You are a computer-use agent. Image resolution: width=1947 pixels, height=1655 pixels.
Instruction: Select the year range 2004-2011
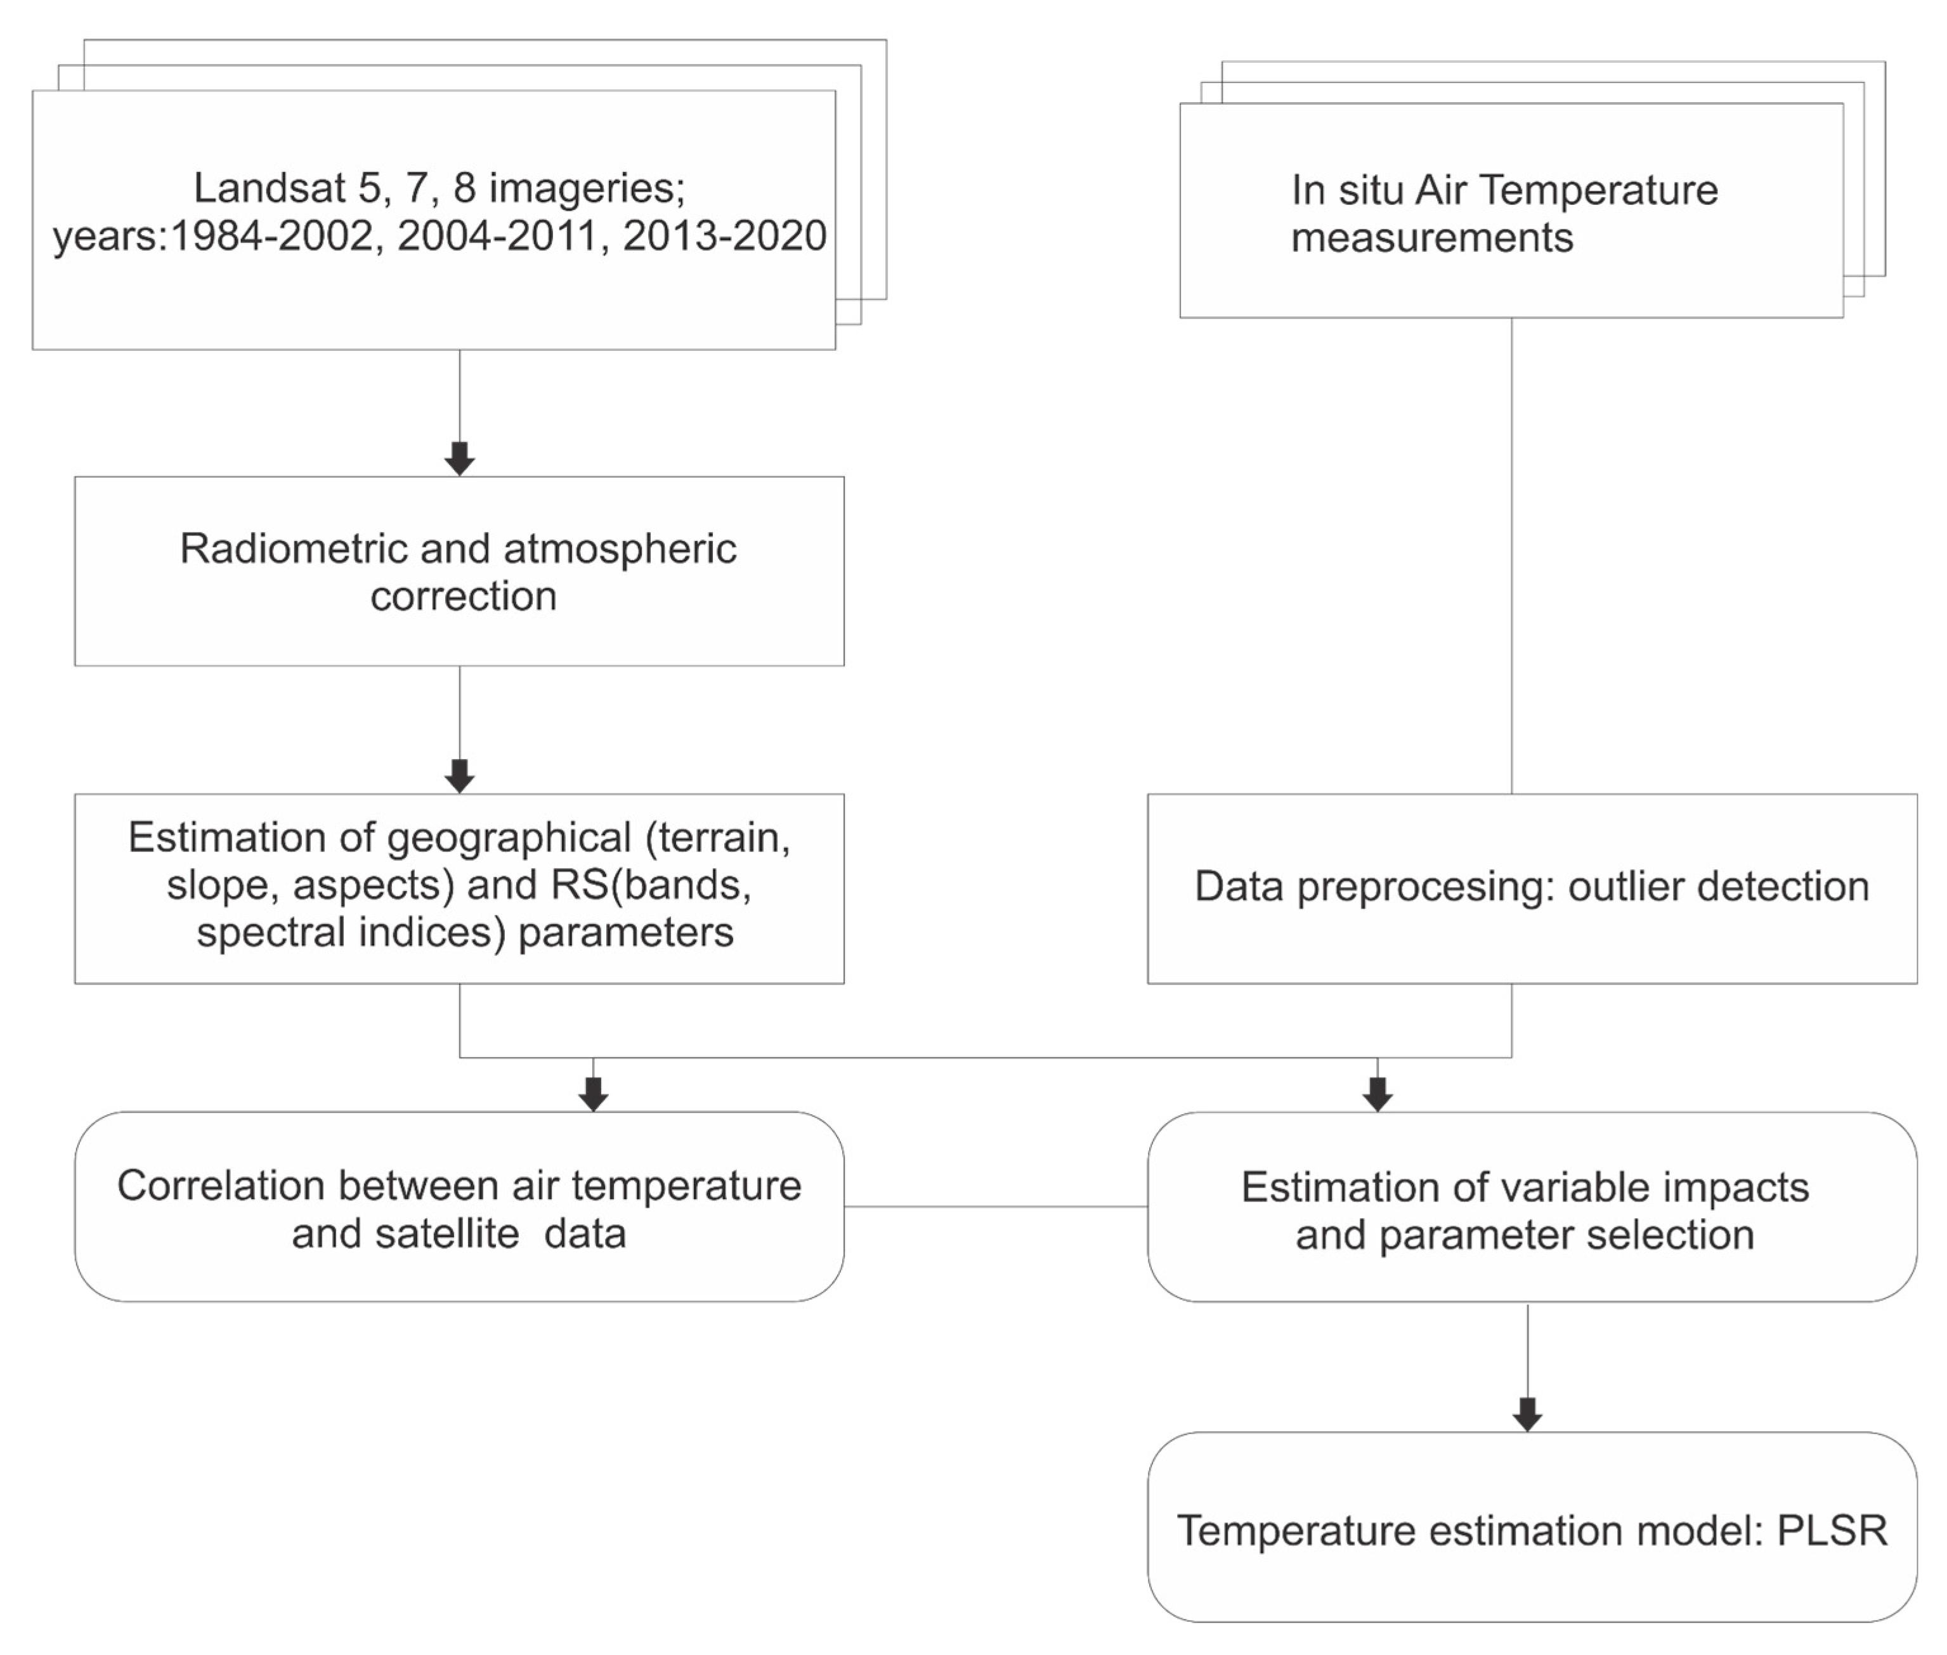pos(497,235)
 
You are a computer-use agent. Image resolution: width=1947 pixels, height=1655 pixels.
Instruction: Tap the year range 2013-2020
pos(724,235)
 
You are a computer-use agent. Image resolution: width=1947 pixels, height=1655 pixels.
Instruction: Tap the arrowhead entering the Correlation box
pos(593,1094)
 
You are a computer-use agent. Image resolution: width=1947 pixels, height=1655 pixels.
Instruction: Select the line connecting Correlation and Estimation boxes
pos(994,1207)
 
